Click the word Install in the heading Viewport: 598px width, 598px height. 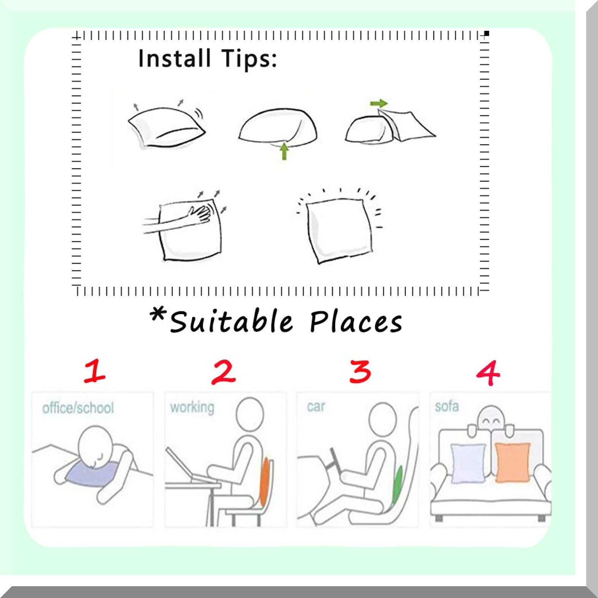click(174, 59)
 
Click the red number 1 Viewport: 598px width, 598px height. click(95, 371)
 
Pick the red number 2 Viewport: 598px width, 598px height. click(223, 372)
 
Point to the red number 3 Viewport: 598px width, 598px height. click(360, 371)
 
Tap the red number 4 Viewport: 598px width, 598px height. click(488, 373)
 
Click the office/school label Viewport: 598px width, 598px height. click(78, 408)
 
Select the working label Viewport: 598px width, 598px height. click(192, 407)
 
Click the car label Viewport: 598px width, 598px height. click(316, 407)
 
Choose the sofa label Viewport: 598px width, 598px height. click(447, 406)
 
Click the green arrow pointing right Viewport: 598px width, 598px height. click(379, 103)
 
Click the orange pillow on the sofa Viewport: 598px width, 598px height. click(513, 463)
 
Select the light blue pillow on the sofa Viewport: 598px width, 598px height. click(468, 463)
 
